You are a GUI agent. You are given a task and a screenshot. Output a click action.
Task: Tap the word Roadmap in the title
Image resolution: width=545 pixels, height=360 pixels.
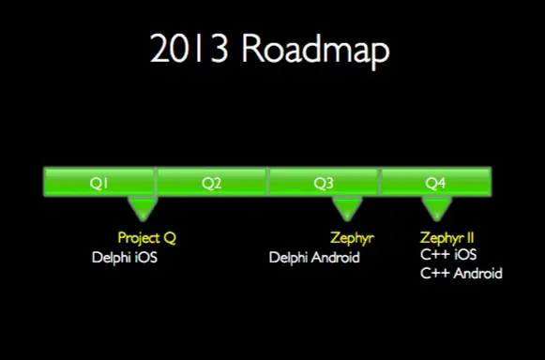[315, 49]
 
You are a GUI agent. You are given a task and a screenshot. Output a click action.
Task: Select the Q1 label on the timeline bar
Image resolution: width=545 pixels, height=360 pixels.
[98, 183]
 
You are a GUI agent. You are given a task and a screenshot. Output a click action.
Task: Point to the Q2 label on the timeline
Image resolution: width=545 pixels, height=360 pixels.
[211, 183]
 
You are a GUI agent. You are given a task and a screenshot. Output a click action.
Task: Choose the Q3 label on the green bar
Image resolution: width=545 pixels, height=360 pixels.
[323, 183]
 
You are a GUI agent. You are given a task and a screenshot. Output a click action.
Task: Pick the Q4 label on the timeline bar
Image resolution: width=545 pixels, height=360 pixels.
[434, 183]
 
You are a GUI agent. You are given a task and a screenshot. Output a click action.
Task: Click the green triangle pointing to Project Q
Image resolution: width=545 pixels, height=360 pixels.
[144, 208]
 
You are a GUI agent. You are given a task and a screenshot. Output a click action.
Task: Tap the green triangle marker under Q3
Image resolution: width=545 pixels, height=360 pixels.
[348, 208]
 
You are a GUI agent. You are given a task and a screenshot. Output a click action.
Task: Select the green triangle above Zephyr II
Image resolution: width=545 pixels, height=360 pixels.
[437, 208]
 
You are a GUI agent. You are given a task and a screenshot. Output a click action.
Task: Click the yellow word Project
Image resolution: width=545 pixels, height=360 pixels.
[139, 238]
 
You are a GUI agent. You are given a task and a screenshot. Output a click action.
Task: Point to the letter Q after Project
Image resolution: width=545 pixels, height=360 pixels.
[169, 238]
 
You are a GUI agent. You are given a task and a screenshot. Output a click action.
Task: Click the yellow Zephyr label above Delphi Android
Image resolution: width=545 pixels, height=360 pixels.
[352, 238]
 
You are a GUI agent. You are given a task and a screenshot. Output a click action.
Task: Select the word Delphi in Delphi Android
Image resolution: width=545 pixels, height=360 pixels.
[288, 257]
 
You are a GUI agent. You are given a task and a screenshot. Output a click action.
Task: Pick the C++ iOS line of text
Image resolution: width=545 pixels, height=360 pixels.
[448, 255]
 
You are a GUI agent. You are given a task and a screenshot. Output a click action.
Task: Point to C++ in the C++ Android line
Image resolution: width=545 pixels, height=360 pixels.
[433, 273]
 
